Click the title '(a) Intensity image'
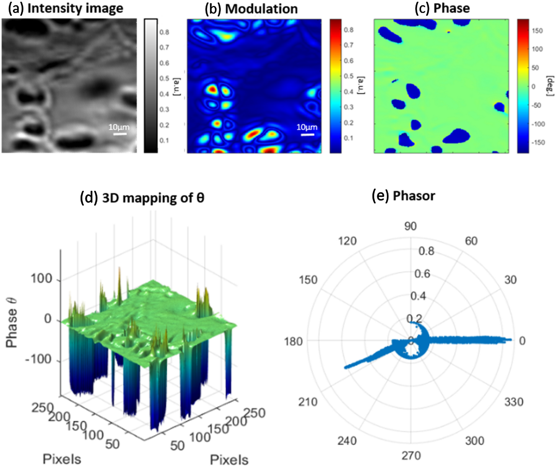tap(66, 8)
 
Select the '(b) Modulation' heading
tap(251, 9)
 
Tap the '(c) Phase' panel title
tap(442, 8)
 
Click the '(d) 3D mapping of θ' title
tap(142, 198)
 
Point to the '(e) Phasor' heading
tap(403, 196)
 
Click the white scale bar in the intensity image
tap(120, 134)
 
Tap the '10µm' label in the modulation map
tap(307, 127)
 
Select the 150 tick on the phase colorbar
tap(537, 30)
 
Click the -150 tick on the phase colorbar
tap(538, 142)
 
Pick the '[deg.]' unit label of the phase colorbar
tap(550, 86)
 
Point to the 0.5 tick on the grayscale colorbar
tap(164, 78)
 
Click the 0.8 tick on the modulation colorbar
tap(348, 30)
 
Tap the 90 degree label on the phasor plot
tap(410, 226)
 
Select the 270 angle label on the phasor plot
tap(411, 456)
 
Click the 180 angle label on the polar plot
tap(293, 341)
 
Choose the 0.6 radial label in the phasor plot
tap(422, 274)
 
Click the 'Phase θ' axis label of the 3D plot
tap(12, 323)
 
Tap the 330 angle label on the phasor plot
tap(514, 402)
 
